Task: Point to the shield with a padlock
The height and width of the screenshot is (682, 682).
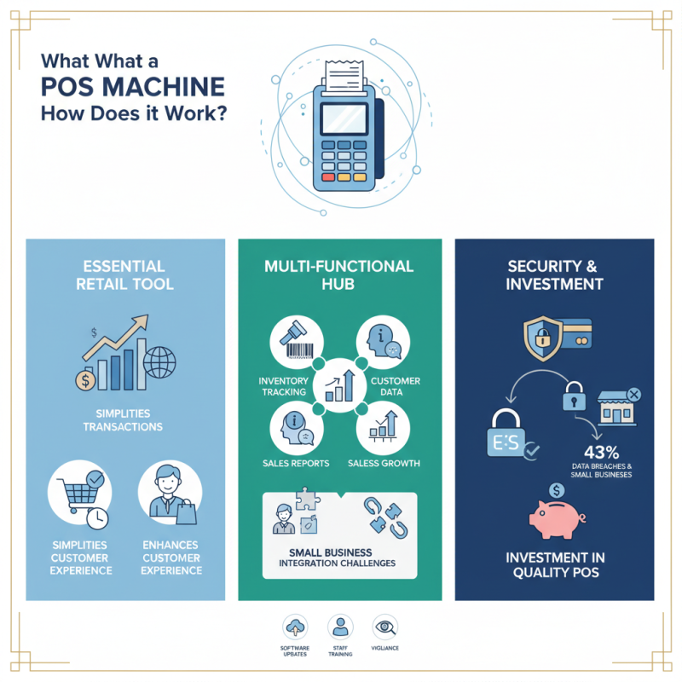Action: pyautogui.click(x=542, y=340)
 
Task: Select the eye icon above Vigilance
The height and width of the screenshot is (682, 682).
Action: pyautogui.click(x=385, y=627)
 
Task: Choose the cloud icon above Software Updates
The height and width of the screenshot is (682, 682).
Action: pyautogui.click(x=295, y=627)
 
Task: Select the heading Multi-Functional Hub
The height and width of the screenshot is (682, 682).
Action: pyautogui.click(x=340, y=275)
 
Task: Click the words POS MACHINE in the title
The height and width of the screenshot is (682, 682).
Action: pyautogui.click(x=133, y=87)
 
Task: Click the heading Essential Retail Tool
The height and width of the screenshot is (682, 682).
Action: pyautogui.click(x=126, y=275)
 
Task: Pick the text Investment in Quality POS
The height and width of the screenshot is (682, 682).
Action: pyautogui.click(x=554, y=564)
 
